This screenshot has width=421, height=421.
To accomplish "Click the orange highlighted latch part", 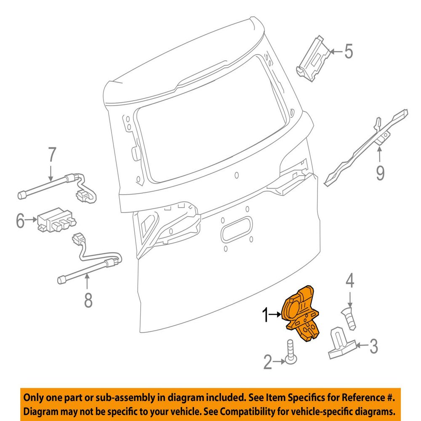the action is coord(301,314).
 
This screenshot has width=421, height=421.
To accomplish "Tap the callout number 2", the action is coord(268,362).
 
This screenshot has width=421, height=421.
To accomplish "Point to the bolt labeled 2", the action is coord(291,352).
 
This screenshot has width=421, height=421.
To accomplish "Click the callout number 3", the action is coord(374,346).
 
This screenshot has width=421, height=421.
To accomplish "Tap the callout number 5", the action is coord(349,51).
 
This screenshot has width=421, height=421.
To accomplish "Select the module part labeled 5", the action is coord(313,59).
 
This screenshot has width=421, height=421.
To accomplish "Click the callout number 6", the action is coord(20,221).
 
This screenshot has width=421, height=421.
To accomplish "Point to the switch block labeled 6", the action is coord(56,220).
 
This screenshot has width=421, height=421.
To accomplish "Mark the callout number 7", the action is coord(52,154).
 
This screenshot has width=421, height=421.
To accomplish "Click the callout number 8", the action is coord(88,300).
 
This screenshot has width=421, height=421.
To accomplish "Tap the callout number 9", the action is coord(380,173).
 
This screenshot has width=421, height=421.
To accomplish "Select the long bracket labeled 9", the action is coord(366,148).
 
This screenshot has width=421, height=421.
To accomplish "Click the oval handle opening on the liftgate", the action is coord(237,229).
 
